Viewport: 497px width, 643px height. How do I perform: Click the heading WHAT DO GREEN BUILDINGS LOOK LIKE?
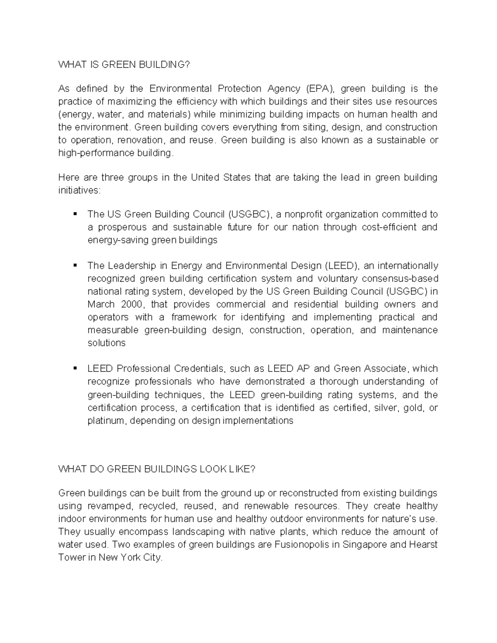click(x=157, y=469)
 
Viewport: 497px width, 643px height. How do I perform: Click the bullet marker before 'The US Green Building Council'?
click(x=75, y=214)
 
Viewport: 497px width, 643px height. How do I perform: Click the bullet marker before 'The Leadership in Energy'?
click(x=75, y=265)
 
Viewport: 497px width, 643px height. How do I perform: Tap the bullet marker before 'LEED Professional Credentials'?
click(x=75, y=368)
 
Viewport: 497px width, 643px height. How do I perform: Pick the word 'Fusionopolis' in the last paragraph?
click(x=302, y=545)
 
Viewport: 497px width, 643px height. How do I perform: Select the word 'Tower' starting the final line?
click(x=71, y=558)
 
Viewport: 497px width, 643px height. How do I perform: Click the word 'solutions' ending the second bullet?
click(x=106, y=343)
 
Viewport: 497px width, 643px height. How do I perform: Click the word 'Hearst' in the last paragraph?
click(x=423, y=545)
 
